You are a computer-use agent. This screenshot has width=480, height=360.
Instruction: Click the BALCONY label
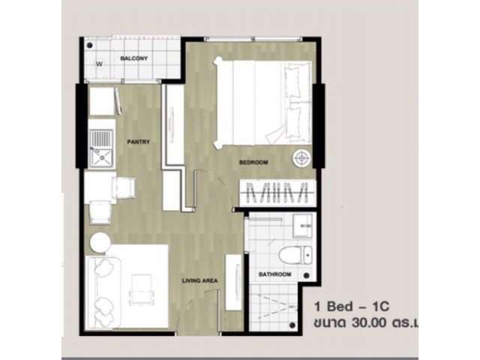[133, 58]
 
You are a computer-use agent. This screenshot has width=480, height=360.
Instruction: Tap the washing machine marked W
[99, 64]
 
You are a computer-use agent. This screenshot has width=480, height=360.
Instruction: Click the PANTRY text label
[138, 142]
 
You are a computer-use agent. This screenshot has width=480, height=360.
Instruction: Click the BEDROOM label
[253, 162]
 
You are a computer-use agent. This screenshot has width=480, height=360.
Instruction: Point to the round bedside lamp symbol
[301, 158]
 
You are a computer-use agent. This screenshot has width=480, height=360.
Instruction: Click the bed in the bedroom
[262, 102]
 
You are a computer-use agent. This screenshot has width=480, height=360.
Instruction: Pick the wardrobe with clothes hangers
[277, 193]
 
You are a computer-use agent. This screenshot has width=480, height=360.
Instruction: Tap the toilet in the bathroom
[295, 255]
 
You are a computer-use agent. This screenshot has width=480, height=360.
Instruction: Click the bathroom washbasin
[302, 226]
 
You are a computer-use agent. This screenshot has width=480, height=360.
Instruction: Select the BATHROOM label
[275, 274]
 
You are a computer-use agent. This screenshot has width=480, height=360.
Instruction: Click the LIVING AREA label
[200, 280]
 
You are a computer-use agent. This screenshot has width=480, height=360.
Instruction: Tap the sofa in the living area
[103, 293]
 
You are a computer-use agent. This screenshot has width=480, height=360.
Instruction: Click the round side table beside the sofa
[100, 242]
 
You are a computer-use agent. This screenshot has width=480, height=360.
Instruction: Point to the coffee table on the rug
[141, 289]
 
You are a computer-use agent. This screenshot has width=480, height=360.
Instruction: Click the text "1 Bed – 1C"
[352, 307]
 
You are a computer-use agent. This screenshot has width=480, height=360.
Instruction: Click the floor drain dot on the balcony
[90, 45]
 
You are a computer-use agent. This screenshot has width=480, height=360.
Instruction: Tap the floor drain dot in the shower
[292, 325]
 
